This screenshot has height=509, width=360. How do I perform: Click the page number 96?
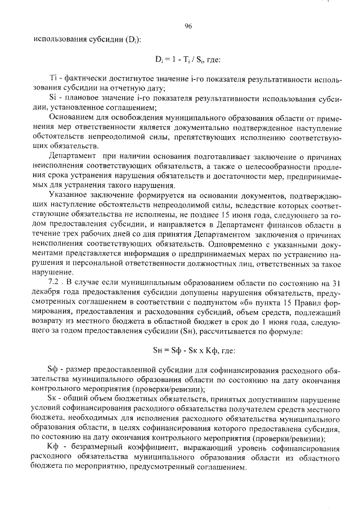click(x=188, y=26)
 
